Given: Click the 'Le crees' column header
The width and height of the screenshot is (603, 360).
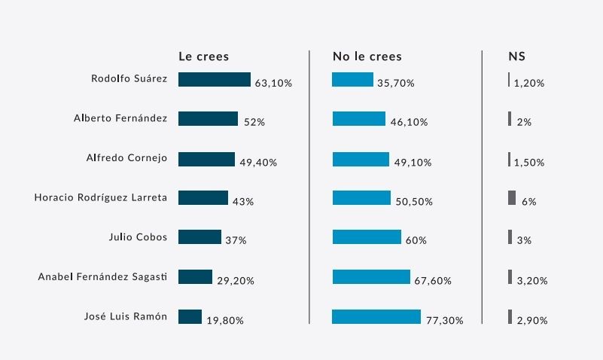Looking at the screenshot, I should [203, 56].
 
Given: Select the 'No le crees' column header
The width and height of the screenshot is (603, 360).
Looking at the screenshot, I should [367, 56].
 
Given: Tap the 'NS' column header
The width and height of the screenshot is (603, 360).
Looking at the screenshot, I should [517, 56].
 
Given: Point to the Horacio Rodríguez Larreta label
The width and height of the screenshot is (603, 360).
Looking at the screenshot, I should [101, 197].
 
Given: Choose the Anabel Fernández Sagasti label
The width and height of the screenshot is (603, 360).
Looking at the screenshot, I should [102, 276].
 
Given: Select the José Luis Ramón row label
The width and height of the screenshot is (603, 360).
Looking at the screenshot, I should [125, 316].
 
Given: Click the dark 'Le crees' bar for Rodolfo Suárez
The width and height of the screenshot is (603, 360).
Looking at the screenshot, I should [214, 79].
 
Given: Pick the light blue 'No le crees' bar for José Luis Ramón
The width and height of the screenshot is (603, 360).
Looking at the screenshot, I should [376, 316].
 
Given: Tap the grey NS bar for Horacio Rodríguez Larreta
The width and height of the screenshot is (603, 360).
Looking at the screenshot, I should [512, 198].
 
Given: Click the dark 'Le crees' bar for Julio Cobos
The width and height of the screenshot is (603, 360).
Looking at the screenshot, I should [199, 237].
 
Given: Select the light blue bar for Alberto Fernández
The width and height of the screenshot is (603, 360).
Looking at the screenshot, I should [358, 119].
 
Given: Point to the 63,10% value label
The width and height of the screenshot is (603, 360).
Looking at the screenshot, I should [273, 84].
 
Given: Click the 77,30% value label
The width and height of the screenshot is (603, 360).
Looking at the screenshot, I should [444, 320].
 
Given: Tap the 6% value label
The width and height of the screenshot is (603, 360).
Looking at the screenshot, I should [528, 202].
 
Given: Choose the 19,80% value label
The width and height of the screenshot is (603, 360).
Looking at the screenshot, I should [224, 320].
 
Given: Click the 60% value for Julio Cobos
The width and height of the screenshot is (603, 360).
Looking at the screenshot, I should [416, 241].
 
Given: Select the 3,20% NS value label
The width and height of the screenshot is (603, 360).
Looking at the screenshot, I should [531, 281].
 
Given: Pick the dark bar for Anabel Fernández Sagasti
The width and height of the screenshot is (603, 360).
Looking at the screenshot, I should [195, 277].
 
